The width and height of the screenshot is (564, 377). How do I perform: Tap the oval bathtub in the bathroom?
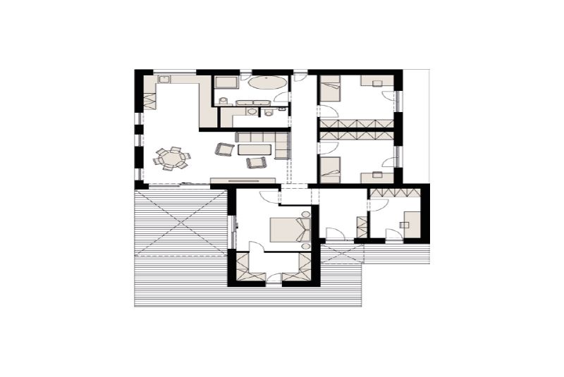coord(268,83)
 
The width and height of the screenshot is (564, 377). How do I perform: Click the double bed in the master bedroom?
coord(289,229)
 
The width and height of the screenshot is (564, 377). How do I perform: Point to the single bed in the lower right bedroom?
coord(330,169)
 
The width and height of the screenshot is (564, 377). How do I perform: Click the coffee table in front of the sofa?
coord(255,149)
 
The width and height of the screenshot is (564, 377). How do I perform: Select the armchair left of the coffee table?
coord(225,149)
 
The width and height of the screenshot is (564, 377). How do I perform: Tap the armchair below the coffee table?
coord(255,163)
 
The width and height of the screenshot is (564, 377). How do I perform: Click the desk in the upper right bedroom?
coord(372,81)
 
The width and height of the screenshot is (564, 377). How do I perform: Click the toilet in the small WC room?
coord(269,111)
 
